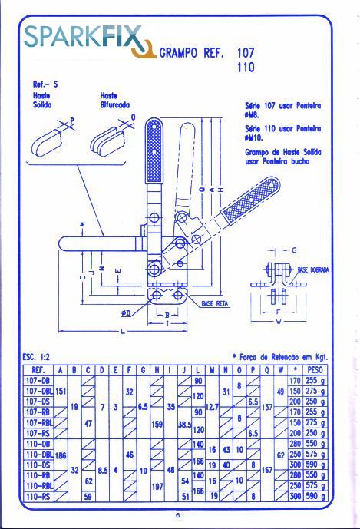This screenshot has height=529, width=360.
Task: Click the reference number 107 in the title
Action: pos(246,54)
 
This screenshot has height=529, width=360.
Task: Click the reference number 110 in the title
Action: pos(246,68)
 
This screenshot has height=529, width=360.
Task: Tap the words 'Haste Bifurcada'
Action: pos(114,101)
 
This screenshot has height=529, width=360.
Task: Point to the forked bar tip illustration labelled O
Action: pos(109,139)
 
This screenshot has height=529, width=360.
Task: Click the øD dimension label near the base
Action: pos(127,312)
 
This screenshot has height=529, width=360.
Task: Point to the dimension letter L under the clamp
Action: pos(124,331)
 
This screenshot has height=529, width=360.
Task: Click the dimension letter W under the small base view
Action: pos(278,322)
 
